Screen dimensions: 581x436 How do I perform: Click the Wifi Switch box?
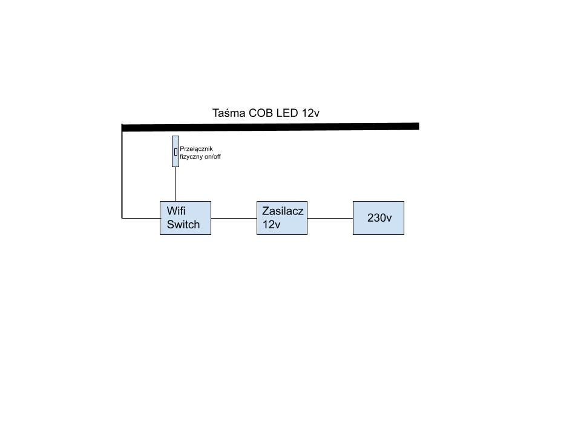pos(185,218)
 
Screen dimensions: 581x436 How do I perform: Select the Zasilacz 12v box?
pos(282,218)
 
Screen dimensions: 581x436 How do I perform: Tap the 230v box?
pos(378,218)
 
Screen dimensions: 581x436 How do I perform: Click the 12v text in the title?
pos(310,113)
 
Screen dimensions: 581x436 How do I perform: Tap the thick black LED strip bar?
pos(271,127)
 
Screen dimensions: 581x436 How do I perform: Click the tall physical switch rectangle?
pos(176,151)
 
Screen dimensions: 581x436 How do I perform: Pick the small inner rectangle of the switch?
pos(176,151)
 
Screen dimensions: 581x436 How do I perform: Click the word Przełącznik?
pos(196,149)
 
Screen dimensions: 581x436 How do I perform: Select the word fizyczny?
pos(191,157)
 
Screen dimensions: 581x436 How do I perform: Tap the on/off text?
pos(212,157)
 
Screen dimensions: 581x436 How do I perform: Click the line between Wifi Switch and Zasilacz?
pos(234,218)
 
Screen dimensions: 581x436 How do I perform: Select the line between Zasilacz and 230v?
pos(330,218)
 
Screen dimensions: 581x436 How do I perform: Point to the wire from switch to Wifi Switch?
pos(176,184)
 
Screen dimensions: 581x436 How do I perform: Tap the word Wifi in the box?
pos(176,211)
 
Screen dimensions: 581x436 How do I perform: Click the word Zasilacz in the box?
pos(283,211)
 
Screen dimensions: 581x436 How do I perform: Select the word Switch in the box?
pos(183,224)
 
